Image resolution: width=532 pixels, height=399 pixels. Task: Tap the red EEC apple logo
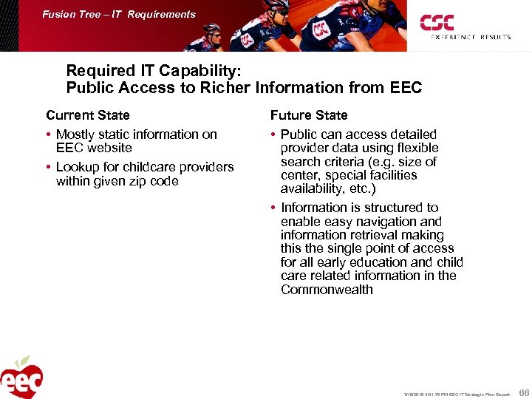point(21,378)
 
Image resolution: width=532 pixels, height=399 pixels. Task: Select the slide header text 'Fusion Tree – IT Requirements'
point(119,14)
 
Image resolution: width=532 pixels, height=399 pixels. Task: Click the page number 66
point(524,392)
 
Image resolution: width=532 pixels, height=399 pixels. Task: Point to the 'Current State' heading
point(87,115)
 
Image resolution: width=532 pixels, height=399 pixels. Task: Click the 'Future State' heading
point(309,115)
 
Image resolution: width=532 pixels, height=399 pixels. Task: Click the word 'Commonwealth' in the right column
point(327,290)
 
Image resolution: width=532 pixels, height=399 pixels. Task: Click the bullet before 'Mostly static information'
point(49,135)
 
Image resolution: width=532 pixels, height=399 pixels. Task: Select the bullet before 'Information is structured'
point(273,208)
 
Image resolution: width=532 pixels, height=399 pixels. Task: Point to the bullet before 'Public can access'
point(273,135)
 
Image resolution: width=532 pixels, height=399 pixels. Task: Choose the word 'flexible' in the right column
point(411,148)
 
